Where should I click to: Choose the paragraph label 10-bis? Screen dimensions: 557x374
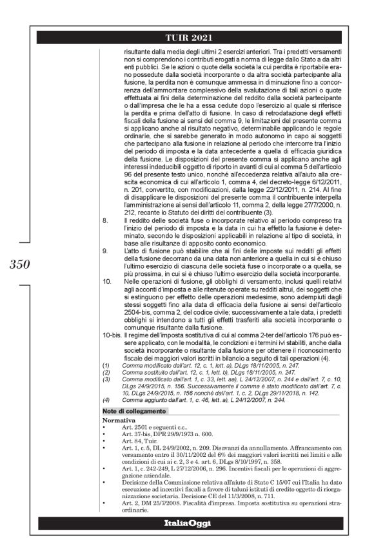113,337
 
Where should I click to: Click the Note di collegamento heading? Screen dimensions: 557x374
135,412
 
